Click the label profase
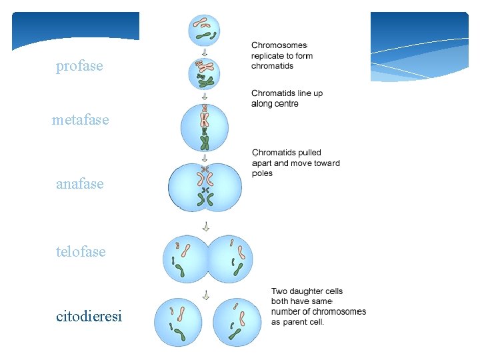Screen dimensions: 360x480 click(x=79, y=66)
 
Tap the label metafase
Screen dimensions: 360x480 click(x=80, y=120)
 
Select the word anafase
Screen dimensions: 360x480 click(x=80, y=183)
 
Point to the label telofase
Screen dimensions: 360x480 click(x=81, y=251)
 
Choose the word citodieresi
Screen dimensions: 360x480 click(x=89, y=316)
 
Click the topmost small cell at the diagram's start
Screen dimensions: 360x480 click(x=204, y=30)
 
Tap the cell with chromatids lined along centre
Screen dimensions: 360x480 click(x=205, y=129)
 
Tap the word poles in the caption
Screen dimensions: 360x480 click(x=262, y=173)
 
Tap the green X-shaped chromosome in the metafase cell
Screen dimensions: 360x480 click(x=205, y=141)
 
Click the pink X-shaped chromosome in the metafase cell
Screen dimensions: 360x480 click(x=205, y=119)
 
